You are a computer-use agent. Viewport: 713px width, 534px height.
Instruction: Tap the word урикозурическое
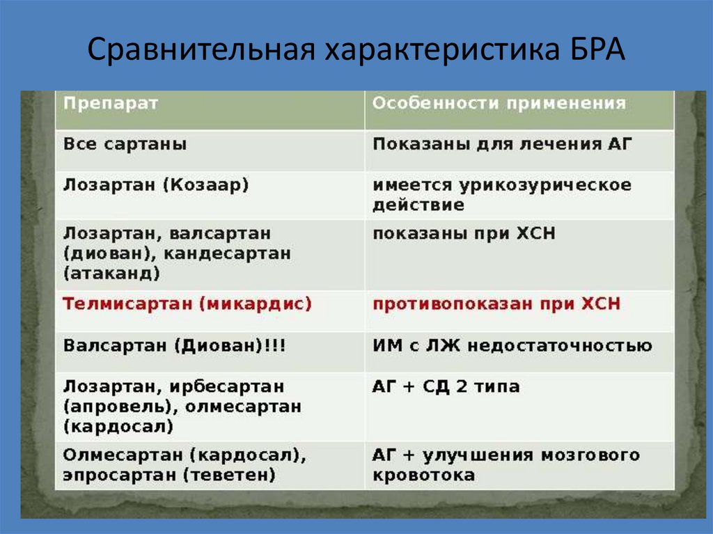(x=545, y=186)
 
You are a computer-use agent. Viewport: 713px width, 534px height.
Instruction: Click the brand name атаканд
(x=111, y=273)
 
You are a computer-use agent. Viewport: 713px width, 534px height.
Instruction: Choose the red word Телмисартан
(x=122, y=304)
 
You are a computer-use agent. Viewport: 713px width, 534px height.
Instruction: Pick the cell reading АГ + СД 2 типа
(x=446, y=386)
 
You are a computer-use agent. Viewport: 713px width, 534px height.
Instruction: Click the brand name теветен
(x=229, y=476)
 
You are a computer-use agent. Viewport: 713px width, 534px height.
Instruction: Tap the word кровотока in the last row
(x=423, y=476)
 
